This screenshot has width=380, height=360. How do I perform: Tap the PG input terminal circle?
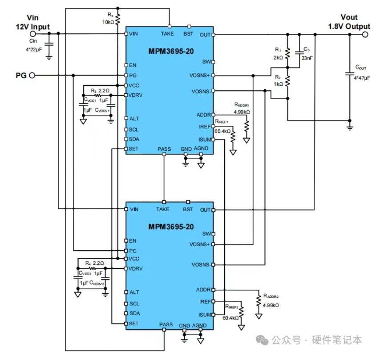pyautogui.click(x=32, y=76)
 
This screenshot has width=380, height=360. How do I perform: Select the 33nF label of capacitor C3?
pyautogui.click(x=307, y=57)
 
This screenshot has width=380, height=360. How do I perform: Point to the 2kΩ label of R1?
pyautogui.click(x=278, y=57)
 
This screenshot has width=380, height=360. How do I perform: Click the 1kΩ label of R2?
pyautogui.click(x=278, y=84)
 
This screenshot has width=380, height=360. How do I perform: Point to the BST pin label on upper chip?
pyautogui.click(x=188, y=34)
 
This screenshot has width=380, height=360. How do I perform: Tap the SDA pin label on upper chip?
pyautogui.click(x=134, y=139)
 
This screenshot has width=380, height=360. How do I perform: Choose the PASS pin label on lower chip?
pyautogui.click(x=166, y=325)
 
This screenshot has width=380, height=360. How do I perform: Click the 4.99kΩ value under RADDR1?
pyautogui.click(x=242, y=112)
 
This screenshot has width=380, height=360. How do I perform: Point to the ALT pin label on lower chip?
pyautogui.click(x=134, y=292)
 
